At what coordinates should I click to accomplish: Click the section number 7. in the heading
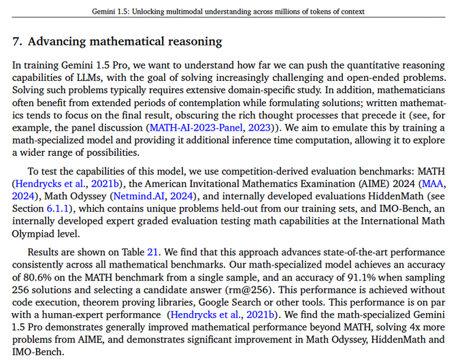pos(18,42)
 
